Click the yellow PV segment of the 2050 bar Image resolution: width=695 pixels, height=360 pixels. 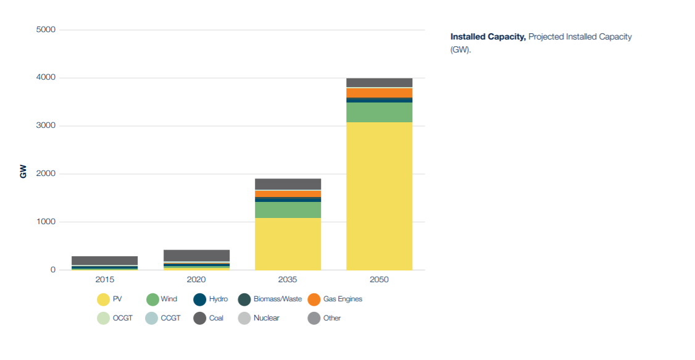point(379,196)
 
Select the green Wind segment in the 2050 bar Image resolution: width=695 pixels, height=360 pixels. point(379,112)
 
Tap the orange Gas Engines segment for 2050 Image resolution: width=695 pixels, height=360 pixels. point(379,93)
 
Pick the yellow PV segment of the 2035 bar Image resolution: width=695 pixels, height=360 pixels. point(288,244)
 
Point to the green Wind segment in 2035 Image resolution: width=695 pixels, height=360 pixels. point(288,210)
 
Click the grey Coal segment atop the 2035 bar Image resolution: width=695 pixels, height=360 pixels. point(288,184)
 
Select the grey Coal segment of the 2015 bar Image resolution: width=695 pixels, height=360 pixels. point(104,261)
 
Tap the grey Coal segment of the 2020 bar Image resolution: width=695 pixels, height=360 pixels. point(196,256)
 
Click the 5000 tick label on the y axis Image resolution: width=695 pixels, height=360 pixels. point(46,30)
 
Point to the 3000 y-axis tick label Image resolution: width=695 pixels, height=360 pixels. point(46,126)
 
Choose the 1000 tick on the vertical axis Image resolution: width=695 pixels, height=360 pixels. point(46,222)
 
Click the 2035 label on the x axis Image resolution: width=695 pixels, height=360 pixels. point(288,280)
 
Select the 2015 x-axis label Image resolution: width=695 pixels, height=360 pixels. point(104,280)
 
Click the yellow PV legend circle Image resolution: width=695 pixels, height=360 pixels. point(103,299)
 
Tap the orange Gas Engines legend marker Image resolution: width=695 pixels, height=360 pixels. point(314,299)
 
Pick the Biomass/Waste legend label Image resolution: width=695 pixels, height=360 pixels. point(278,299)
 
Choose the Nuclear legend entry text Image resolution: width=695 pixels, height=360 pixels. point(266,319)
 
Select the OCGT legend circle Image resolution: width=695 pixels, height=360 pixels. point(103,319)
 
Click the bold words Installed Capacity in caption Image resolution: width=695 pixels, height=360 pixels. point(488,37)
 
